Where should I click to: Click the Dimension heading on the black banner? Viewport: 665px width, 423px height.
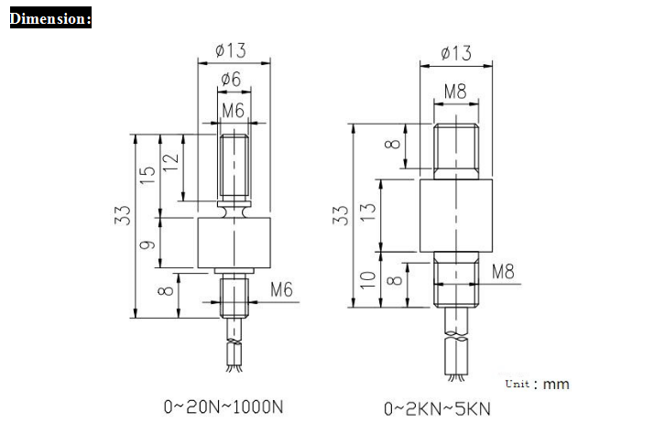tap(50, 17)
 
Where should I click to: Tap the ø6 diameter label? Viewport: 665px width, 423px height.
tap(231, 79)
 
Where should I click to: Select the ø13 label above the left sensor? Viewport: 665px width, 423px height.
tap(230, 50)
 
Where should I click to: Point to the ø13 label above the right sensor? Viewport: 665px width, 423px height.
tap(456, 53)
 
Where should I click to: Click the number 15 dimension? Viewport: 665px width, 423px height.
tap(147, 175)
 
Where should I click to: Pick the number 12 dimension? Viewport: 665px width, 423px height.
tap(170, 162)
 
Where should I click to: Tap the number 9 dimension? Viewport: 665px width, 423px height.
tap(147, 244)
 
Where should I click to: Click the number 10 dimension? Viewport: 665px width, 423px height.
tap(367, 280)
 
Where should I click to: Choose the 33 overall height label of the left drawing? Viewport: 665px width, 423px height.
tap(122, 215)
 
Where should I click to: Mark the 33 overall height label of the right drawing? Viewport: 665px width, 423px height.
tap(341, 215)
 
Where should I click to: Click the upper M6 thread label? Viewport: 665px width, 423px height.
tap(234, 111)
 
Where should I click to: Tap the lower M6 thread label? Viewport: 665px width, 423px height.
tap(281, 289)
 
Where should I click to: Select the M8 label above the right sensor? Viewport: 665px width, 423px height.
tap(455, 92)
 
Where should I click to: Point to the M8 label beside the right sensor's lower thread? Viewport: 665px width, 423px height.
tap(503, 271)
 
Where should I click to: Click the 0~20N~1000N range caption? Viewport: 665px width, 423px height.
tap(223, 407)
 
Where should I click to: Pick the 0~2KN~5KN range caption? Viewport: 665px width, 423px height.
tap(437, 409)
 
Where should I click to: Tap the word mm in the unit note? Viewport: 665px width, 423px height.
tap(556, 385)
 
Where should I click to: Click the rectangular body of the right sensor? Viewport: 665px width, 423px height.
tap(456, 216)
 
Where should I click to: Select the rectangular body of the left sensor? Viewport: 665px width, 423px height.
tap(234, 243)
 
